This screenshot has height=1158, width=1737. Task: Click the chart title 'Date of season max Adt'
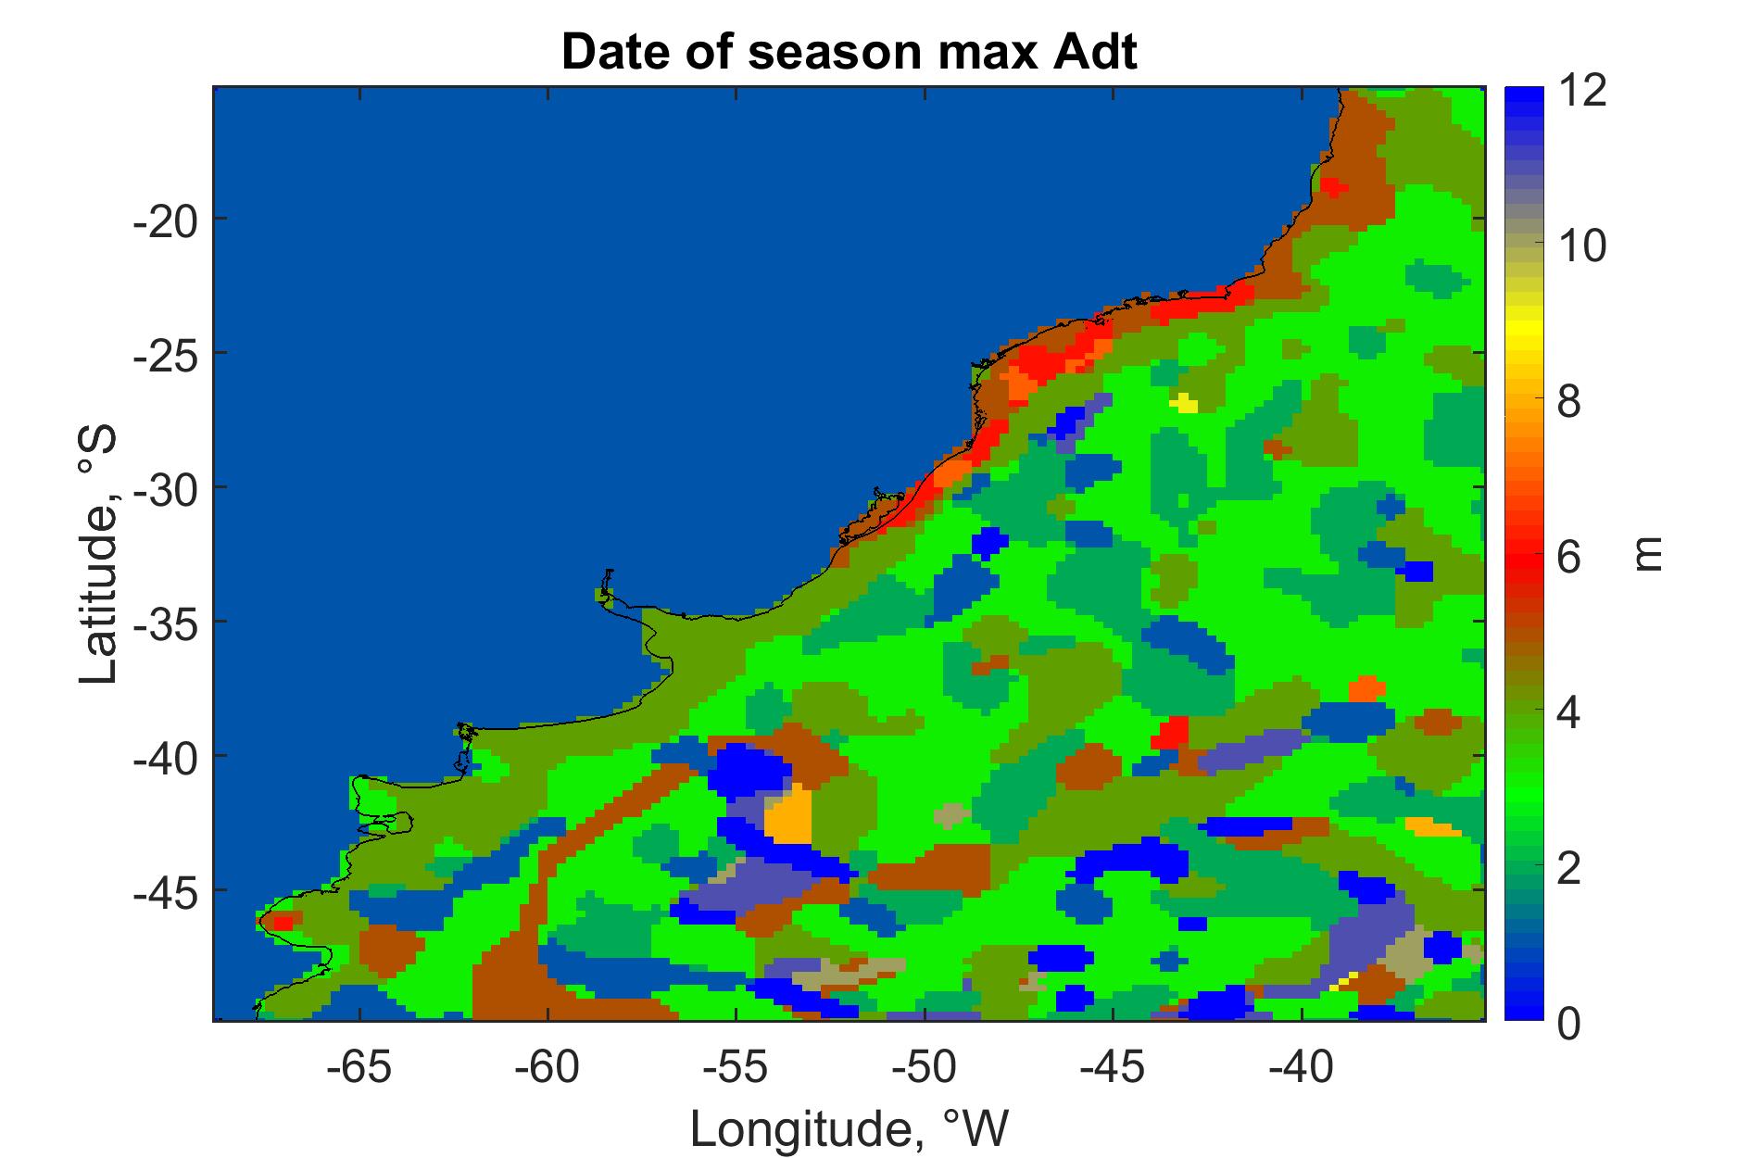coord(849,53)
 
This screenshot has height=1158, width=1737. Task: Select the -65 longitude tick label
coord(359,1068)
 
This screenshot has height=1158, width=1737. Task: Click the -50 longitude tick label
coord(925,1068)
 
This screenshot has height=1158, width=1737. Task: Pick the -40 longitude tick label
coord(1302,1068)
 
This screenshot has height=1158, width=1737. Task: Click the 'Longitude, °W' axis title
coord(849,1127)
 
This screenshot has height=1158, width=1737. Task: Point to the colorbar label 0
coord(1567,1024)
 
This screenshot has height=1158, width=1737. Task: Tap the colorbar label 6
coord(1567,559)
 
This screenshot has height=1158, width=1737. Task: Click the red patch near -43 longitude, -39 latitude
coord(1171,733)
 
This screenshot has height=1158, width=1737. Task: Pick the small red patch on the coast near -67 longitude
coord(282,922)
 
